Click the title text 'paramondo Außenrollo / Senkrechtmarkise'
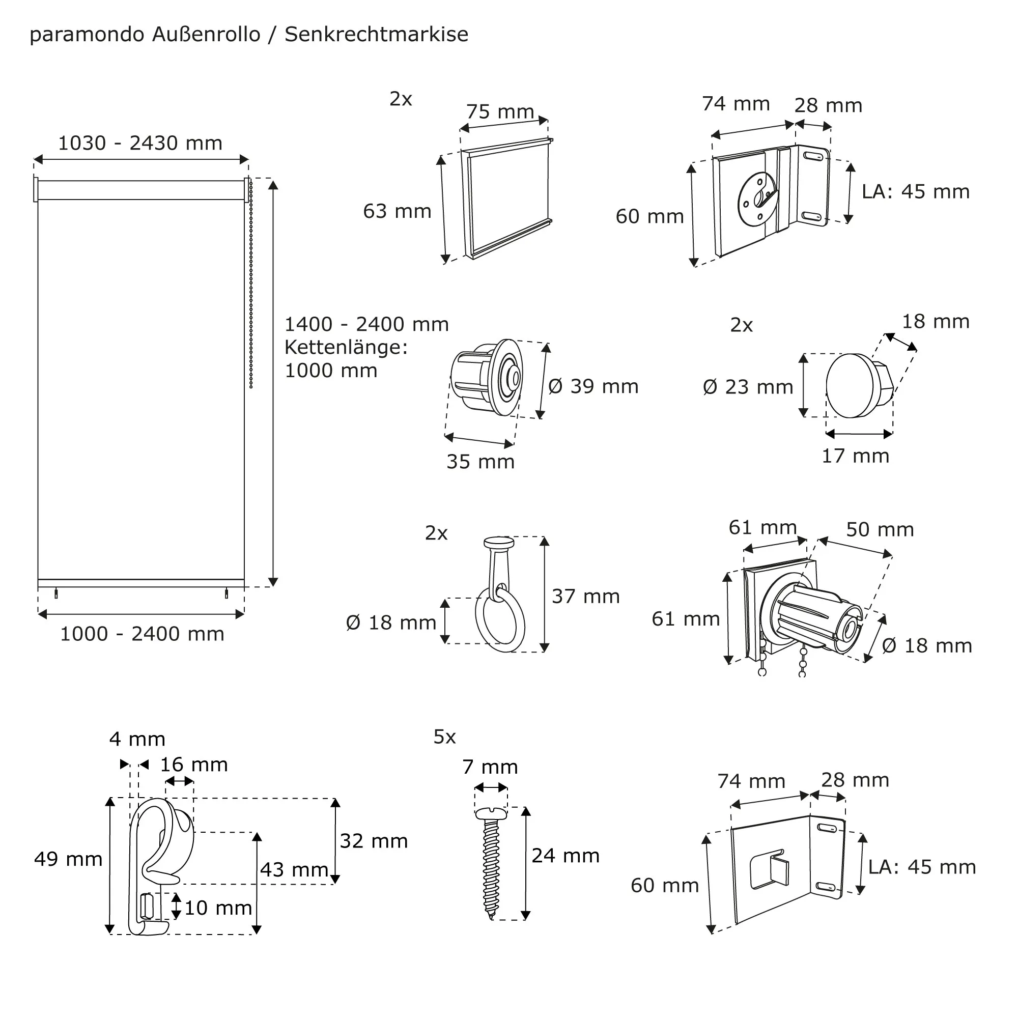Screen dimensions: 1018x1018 tap(249, 35)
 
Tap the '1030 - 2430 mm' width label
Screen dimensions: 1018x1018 tap(139, 144)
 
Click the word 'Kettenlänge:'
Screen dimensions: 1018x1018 tap(346, 347)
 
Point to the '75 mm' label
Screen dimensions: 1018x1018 tap(499, 111)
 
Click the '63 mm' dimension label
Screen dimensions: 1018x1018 tap(397, 211)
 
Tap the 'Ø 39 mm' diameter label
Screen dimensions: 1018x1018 tap(593, 386)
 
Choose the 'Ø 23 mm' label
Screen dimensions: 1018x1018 tap(748, 387)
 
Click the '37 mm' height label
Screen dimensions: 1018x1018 tap(585, 597)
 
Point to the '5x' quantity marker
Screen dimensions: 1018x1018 tap(444, 737)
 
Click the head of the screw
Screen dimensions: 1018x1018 tap(491, 814)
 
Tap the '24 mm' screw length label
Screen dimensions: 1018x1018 tap(565, 856)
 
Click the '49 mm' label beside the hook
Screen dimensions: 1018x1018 tap(68, 859)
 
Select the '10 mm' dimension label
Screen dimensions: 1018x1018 tap(218, 908)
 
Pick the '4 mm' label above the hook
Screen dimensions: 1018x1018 tap(137, 739)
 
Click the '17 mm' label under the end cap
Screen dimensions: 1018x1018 tap(855, 456)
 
